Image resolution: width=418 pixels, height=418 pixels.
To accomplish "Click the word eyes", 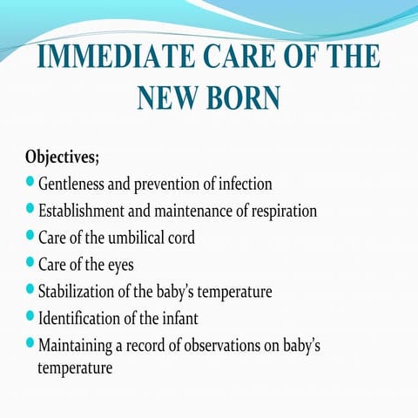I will point(120,263).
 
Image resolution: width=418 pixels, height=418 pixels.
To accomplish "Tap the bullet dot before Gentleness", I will point(31,183).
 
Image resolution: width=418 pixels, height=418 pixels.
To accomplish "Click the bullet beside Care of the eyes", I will point(31,261).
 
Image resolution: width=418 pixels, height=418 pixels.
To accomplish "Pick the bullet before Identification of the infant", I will point(31,314).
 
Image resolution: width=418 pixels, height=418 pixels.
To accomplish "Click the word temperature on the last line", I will point(75,368).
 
